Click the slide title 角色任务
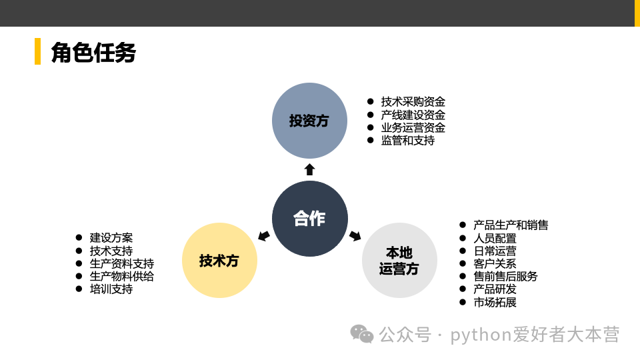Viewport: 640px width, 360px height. [x=93, y=53]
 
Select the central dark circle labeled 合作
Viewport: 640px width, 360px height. [x=310, y=219]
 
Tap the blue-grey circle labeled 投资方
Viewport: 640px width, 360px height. [x=309, y=121]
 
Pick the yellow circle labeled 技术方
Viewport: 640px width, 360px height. [x=219, y=261]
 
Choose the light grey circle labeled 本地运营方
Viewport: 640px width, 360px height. [x=399, y=261]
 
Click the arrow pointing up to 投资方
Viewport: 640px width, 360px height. [x=309, y=169]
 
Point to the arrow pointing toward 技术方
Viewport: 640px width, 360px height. [x=264, y=235]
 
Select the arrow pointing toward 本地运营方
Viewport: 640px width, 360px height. [x=355, y=235]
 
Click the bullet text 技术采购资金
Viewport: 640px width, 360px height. [x=413, y=102]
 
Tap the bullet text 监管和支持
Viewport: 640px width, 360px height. [x=408, y=141]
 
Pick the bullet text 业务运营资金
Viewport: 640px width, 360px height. [x=413, y=128]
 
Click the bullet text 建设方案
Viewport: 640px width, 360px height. [x=111, y=237]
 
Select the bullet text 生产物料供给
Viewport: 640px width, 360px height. [x=122, y=276]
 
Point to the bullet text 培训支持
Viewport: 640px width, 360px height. [x=111, y=289]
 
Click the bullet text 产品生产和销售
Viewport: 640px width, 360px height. [x=511, y=225]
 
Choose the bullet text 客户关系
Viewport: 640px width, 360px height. [x=495, y=263]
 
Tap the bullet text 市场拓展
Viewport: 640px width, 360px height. [x=495, y=302]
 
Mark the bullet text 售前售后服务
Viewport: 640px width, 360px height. [x=505, y=276]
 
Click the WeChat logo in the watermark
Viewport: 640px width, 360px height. [x=362, y=334]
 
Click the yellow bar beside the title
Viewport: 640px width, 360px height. [x=37, y=51]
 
